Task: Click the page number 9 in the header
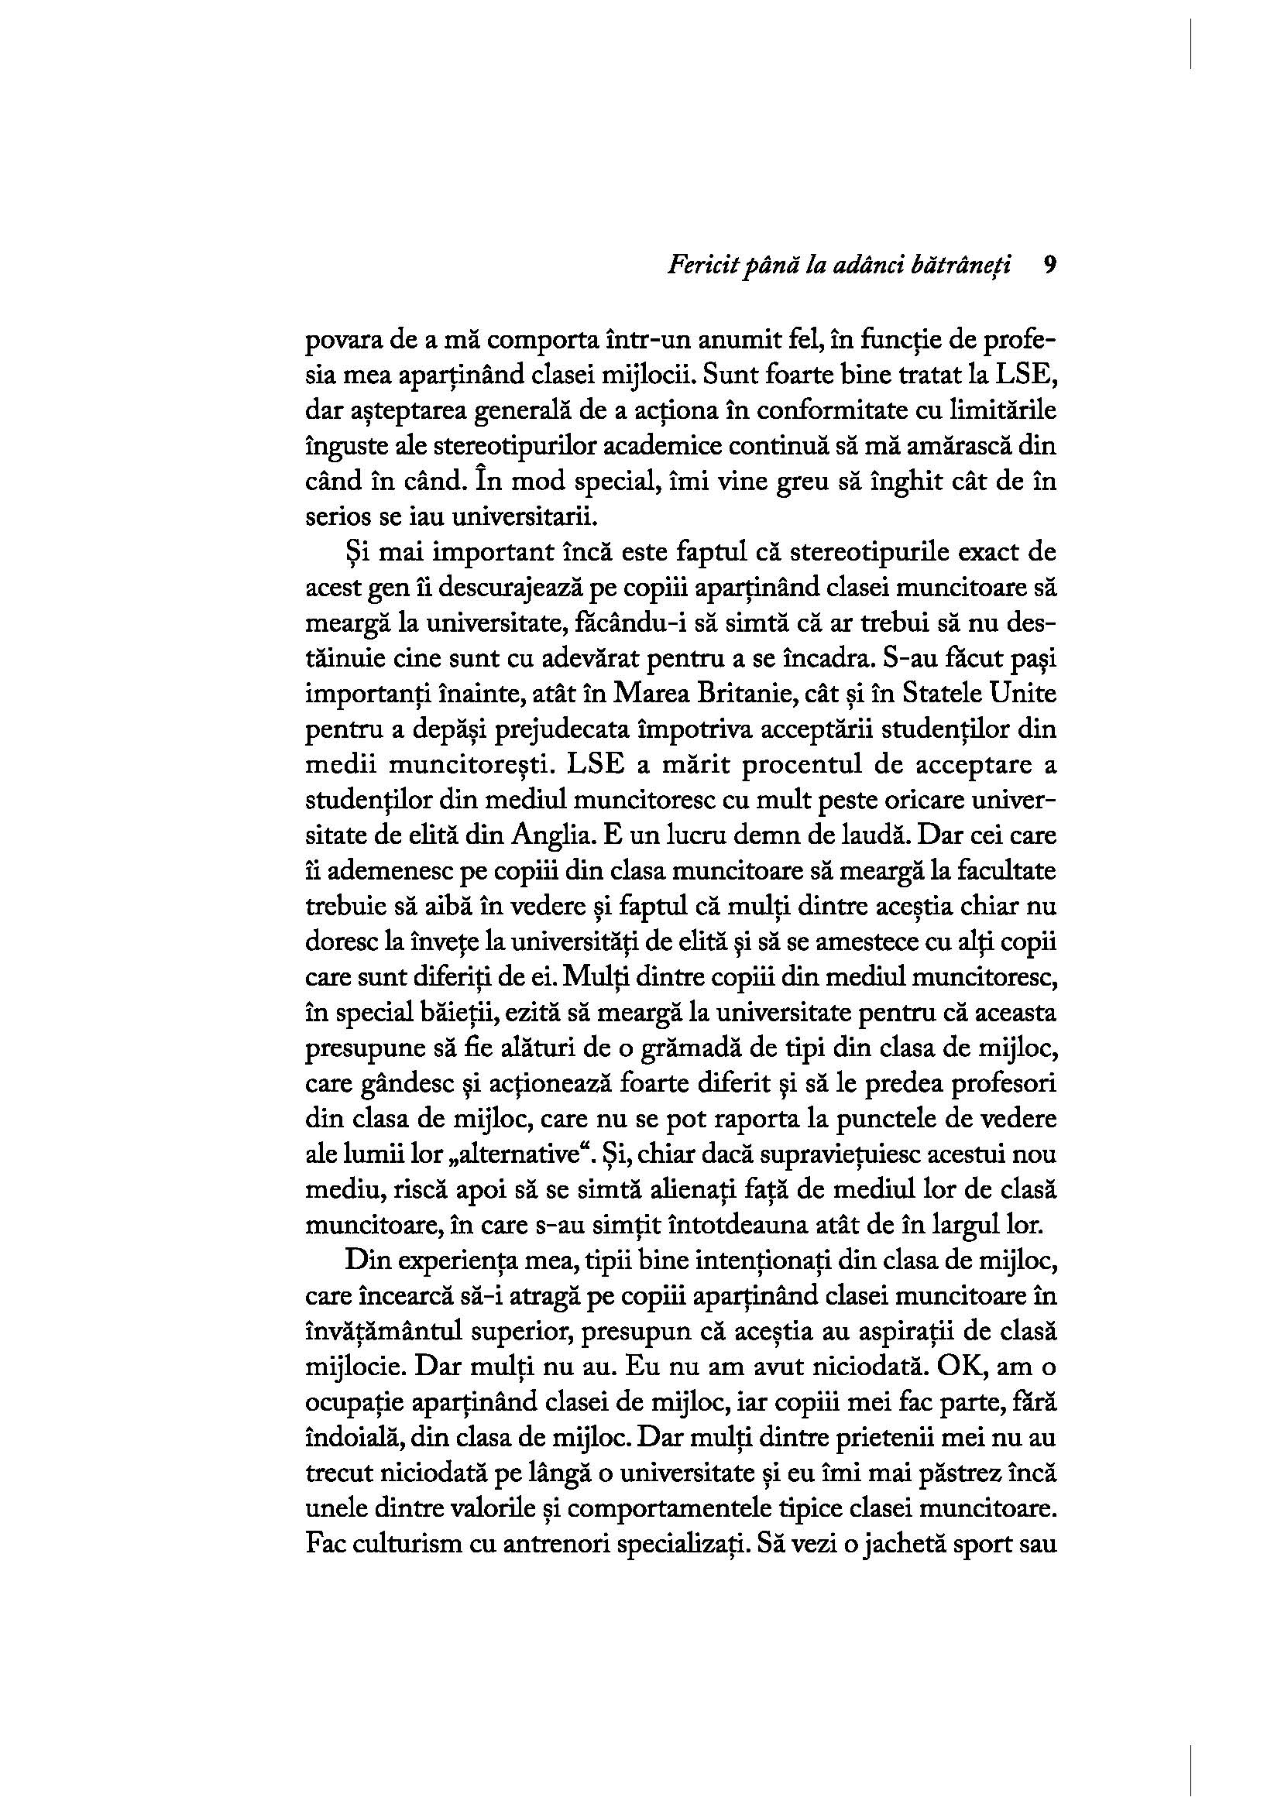1049,265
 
